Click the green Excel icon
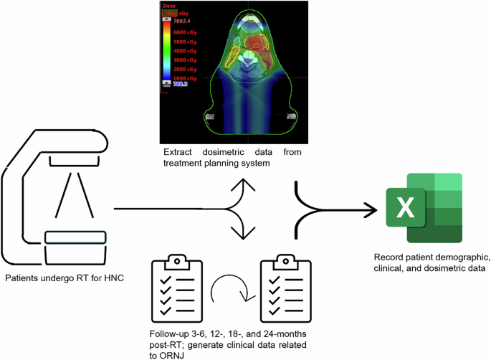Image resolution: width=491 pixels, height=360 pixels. pos(423,209)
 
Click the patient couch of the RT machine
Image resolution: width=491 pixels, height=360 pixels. pos(75,237)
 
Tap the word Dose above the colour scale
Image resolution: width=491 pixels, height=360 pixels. pos(169,6)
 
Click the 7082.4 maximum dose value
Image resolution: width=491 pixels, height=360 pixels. pos(188,21)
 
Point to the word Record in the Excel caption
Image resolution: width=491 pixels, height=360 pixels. pos(389,257)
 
